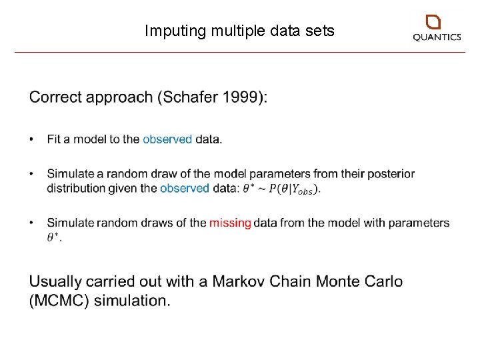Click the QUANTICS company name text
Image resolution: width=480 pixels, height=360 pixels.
pos(437,38)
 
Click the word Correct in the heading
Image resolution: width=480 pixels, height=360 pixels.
pos(58,97)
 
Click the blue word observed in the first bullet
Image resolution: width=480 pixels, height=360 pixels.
pos(167,139)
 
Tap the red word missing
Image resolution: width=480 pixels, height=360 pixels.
pos(230,223)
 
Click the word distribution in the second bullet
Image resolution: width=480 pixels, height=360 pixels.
pos(75,188)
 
